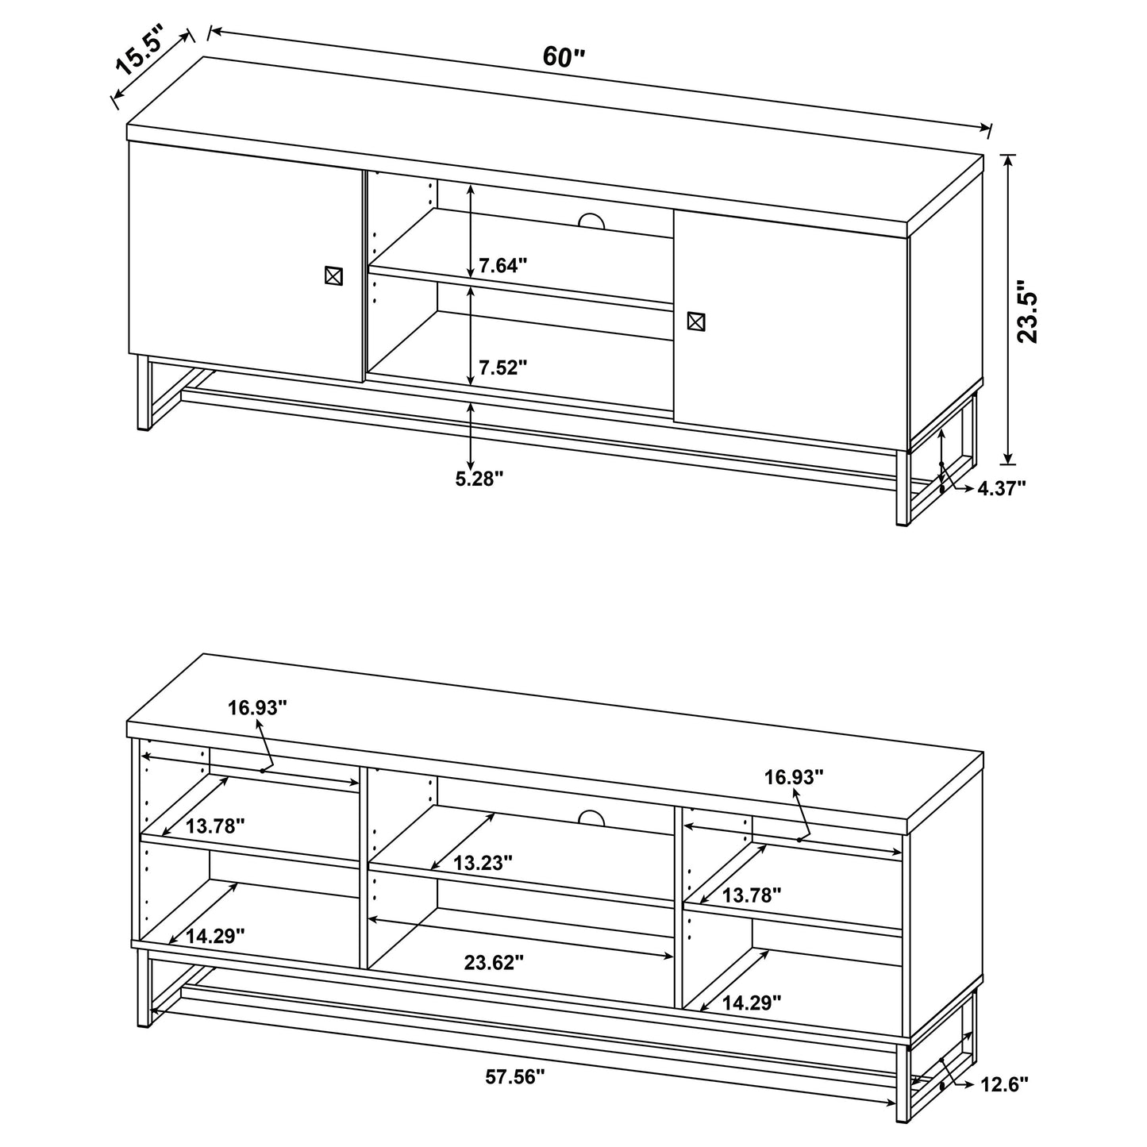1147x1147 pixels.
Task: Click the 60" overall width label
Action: coord(564,56)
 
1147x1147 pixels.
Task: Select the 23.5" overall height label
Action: coord(1028,310)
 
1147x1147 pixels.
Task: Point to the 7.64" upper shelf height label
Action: coord(503,265)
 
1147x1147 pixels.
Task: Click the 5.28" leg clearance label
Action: coord(479,479)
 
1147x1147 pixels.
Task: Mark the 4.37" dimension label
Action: coord(1001,488)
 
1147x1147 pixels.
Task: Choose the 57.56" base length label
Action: coord(515,1076)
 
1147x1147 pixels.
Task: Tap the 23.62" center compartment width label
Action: coord(494,963)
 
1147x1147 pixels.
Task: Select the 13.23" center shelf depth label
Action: coord(483,863)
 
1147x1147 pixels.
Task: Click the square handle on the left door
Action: coord(333,275)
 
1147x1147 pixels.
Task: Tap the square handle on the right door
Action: coord(695,321)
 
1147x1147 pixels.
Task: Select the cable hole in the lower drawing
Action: coord(591,818)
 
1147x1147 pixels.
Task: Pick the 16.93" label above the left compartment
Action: coord(257,708)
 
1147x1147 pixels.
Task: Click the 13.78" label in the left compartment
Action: coord(214,826)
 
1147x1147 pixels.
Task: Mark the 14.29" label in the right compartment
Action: coord(751,1002)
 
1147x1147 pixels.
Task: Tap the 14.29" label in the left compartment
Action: coord(214,936)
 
